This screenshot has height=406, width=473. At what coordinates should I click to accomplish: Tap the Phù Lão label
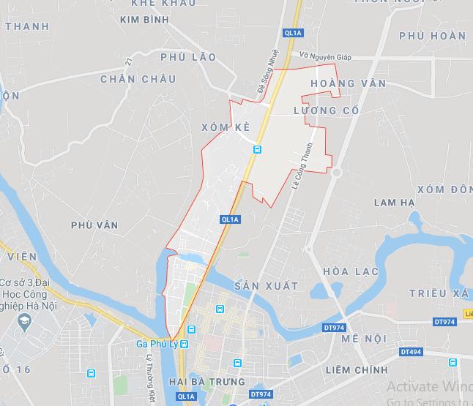[x=187, y=57]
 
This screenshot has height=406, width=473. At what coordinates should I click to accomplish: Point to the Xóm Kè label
[x=226, y=127]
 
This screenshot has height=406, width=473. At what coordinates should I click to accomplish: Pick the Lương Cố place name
[x=326, y=110]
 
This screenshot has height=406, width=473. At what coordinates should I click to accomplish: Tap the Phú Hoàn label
[x=432, y=35]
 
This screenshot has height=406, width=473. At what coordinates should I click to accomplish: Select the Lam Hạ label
[x=394, y=202]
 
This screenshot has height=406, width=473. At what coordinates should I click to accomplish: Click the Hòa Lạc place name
[x=351, y=271]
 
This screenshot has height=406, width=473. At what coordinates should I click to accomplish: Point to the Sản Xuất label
[x=267, y=286]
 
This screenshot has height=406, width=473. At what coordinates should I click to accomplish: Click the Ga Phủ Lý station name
[x=157, y=345]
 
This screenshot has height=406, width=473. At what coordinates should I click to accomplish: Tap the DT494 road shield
[x=410, y=352]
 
